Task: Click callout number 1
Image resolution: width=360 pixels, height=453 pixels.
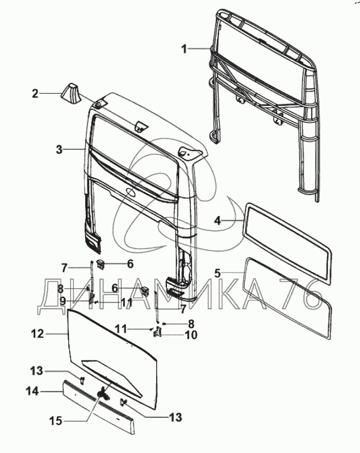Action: click(184, 50)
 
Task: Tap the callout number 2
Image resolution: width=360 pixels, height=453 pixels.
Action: click(35, 92)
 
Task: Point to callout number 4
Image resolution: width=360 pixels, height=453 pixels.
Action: click(218, 220)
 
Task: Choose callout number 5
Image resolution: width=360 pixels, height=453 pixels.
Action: click(218, 272)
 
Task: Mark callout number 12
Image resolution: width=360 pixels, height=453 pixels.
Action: click(37, 333)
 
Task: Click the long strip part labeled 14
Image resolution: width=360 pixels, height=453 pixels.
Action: click(98, 405)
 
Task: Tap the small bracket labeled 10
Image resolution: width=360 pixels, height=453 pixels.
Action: click(156, 335)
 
